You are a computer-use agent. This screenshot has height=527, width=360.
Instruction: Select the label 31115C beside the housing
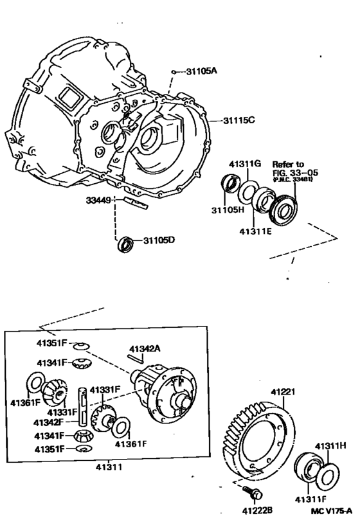240,120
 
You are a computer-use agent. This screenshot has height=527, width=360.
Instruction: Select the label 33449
99,200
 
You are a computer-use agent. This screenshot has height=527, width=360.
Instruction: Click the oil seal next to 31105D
127,244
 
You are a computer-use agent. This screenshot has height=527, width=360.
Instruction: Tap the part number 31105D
158,240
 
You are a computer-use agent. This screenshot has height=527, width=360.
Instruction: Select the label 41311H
331,444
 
